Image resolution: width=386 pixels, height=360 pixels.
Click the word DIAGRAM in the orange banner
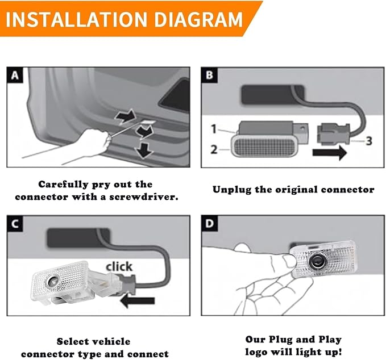199,19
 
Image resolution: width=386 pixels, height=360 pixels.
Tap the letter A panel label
15,75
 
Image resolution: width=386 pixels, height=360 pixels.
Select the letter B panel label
209,75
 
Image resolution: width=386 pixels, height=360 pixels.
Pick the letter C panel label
15,224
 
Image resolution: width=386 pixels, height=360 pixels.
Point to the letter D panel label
209,224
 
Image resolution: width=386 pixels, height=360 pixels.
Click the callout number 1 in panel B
214,129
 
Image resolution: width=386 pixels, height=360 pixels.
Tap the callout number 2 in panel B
214,149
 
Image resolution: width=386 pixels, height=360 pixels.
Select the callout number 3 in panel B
368,141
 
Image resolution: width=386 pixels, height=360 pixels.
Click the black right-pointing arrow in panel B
330,152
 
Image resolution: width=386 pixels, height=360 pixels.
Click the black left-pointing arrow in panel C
138,301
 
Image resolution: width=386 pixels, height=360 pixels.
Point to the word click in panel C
119,266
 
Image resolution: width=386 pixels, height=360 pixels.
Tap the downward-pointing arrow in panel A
143,150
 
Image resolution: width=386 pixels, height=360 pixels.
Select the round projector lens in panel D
316,261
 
